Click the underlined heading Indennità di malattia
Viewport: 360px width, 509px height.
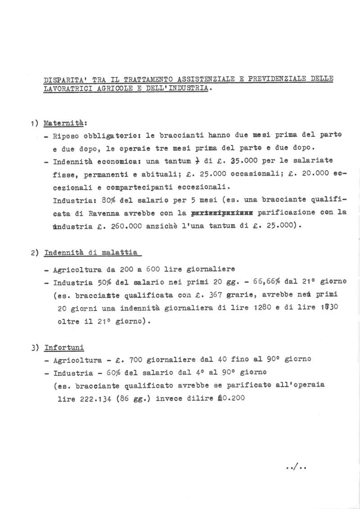(x=90, y=253)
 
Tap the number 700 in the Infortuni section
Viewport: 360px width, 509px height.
(x=136, y=360)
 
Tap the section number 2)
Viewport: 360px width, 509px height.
(x=35, y=253)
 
